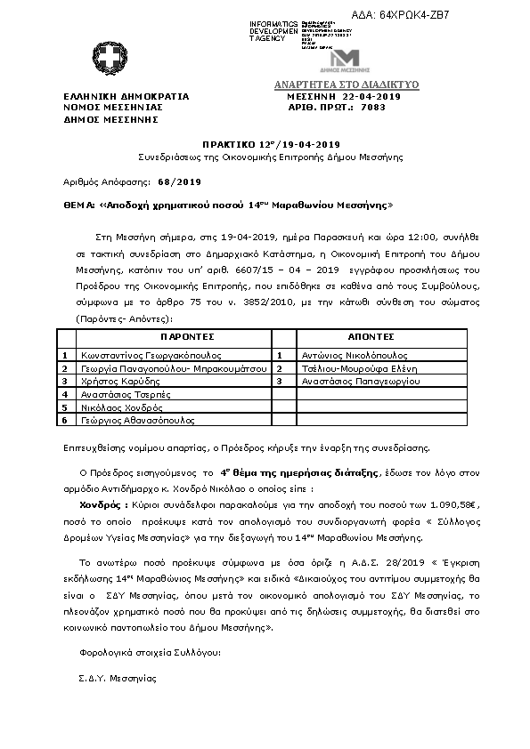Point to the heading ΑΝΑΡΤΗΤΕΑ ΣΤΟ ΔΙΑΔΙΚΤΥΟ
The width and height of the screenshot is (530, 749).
click(346, 85)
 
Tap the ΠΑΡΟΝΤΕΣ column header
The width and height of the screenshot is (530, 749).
click(188, 338)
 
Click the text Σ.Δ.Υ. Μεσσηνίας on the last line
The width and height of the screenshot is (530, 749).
click(117, 678)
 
